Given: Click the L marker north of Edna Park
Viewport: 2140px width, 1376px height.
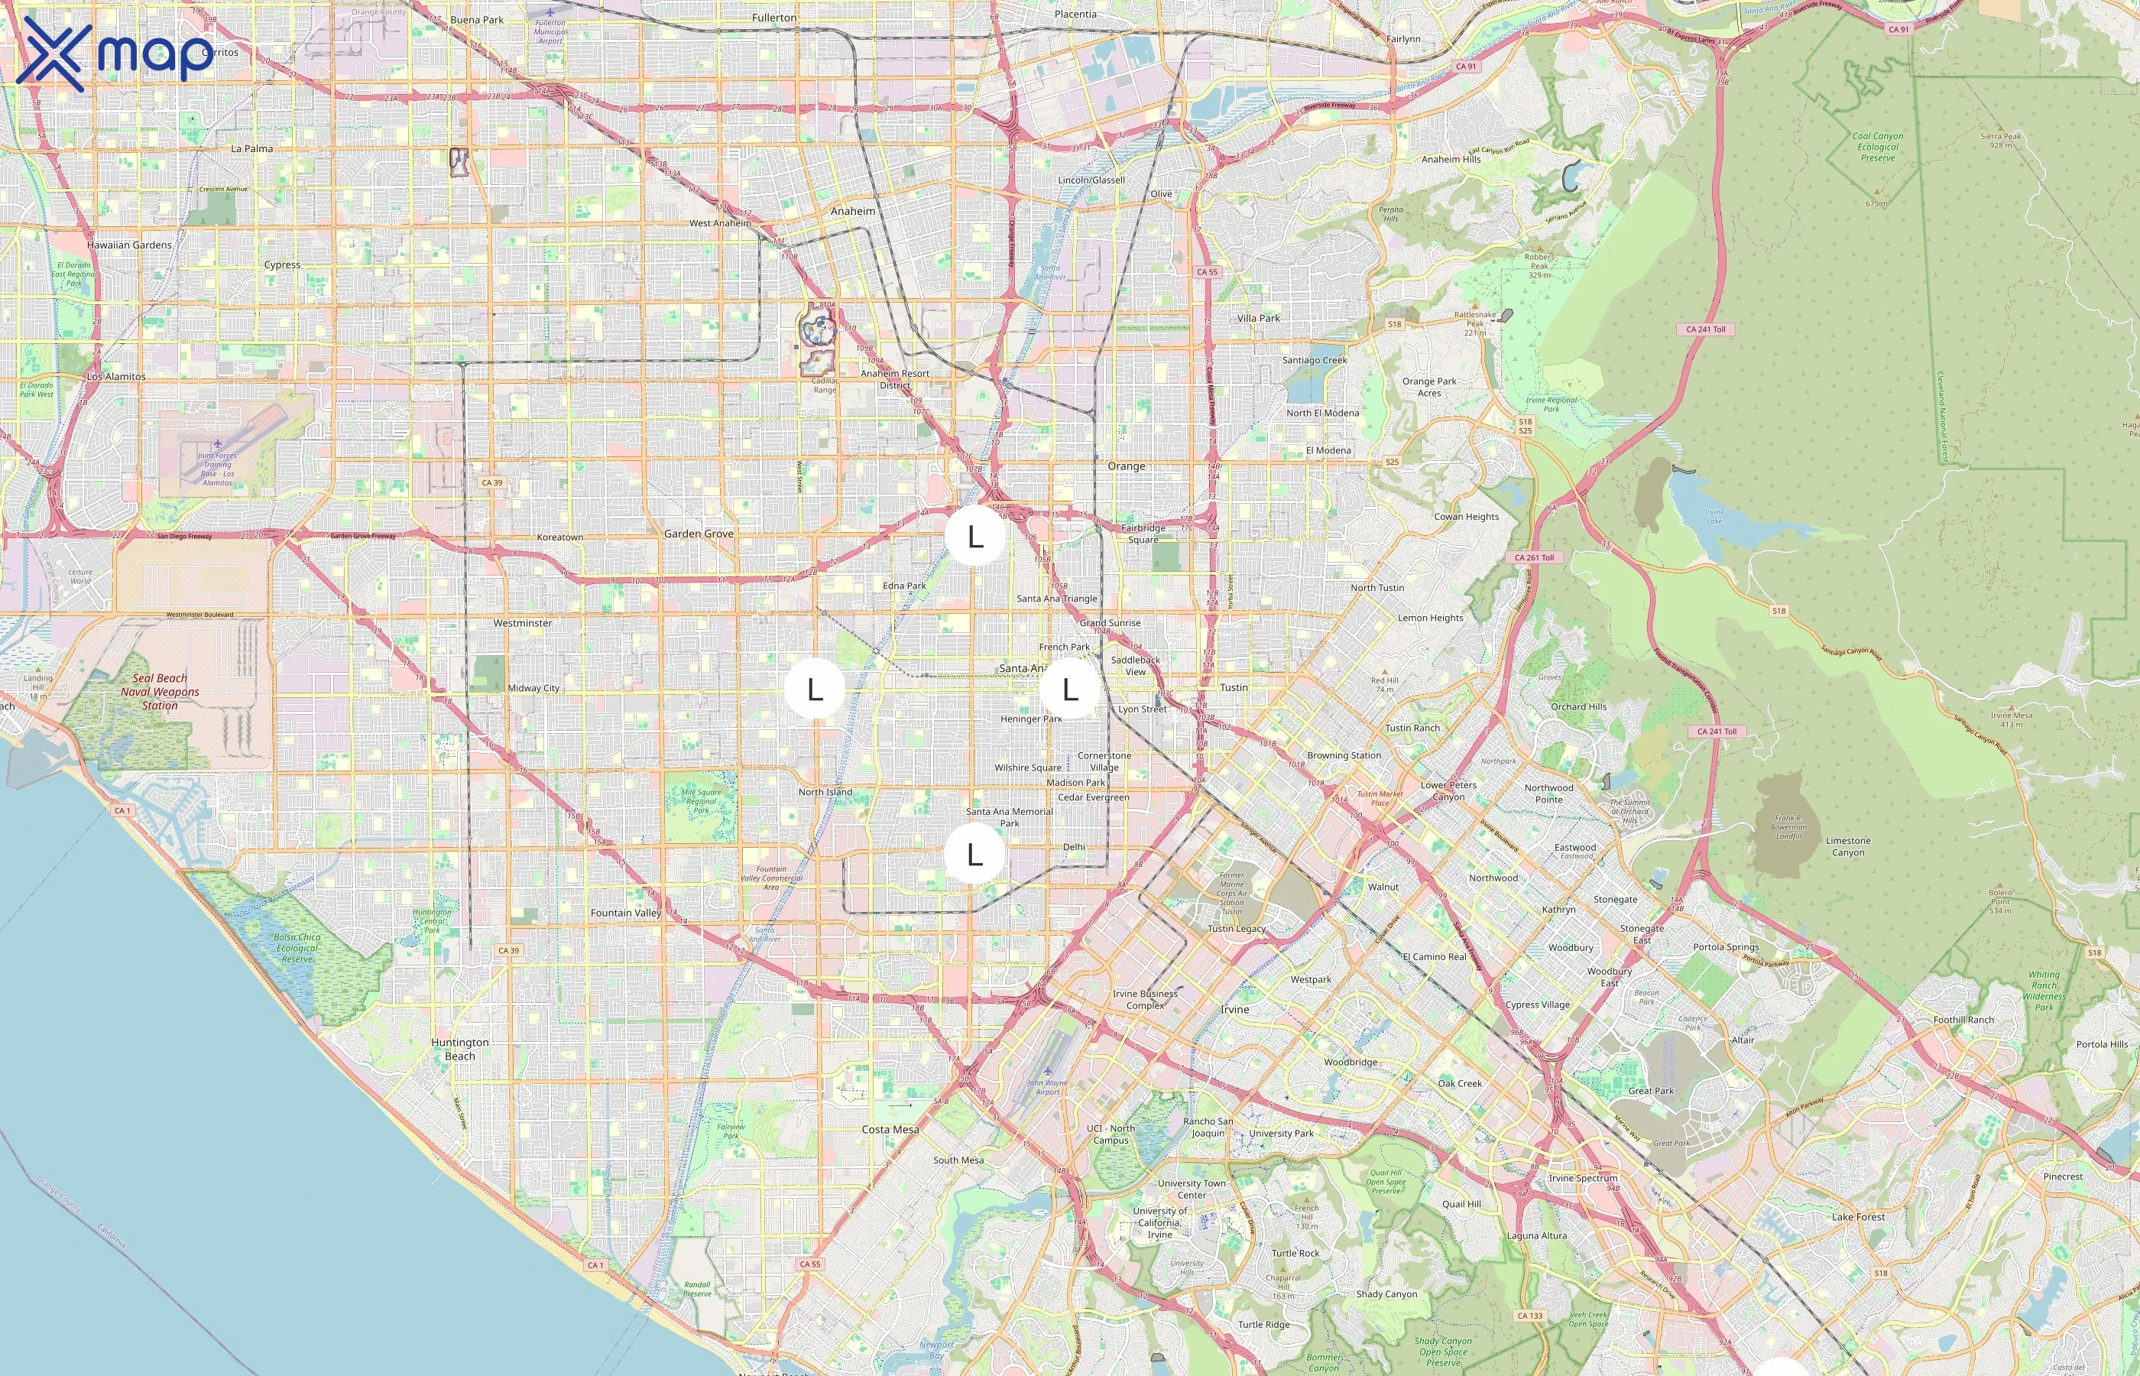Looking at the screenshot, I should click(x=974, y=536).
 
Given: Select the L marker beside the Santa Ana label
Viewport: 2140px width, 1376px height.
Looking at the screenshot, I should click(x=1069, y=689).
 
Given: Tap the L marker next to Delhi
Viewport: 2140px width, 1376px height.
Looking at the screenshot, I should click(x=974, y=854).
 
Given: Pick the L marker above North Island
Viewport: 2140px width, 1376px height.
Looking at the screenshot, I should click(x=815, y=689).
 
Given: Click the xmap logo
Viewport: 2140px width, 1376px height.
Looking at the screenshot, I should click(x=115, y=54).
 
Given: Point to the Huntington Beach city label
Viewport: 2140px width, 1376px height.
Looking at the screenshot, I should click(x=460, y=1049).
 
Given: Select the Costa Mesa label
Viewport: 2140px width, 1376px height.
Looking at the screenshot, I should click(x=890, y=1129).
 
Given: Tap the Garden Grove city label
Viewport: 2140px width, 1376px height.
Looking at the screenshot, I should click(x=699, y=534).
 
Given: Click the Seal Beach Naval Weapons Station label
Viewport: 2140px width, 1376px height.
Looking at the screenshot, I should click(x=160, y=692).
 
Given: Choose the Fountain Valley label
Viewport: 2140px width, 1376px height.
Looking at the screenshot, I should click(x=625, y=914).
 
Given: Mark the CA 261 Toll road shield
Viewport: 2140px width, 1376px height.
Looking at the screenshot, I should click(x=1534, y=557).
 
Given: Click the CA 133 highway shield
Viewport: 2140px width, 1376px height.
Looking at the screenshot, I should click(x=1530, y=1316).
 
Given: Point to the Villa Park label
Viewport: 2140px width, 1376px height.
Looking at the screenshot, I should click(x=1259, y=318).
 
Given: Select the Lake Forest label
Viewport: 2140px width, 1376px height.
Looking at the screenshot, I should click(x=1858, y=1217).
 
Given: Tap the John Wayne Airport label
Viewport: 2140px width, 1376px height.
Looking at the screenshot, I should click(x=1048, y=1086).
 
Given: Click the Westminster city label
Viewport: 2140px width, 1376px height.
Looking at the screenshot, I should click(x=523, y=623).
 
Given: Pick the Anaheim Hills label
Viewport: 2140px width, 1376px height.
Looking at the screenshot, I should click(x=1451, y=159).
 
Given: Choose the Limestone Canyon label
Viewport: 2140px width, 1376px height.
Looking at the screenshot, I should click(x=1848, y=846).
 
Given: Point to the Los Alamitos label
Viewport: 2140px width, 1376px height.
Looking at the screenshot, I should click(x=116, y=376).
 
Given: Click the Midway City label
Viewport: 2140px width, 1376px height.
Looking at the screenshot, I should click(x=533, y=688).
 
